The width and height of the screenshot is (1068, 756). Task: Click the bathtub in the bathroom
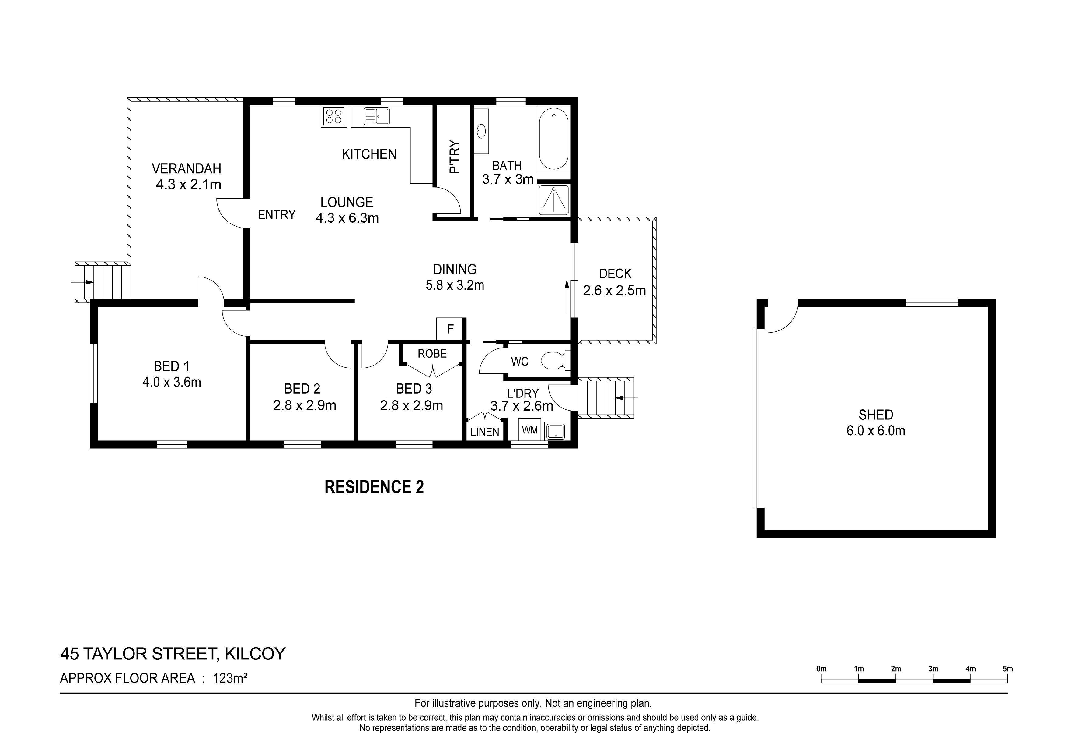coord(553,139)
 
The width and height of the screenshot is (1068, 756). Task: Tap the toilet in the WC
coord(555,361)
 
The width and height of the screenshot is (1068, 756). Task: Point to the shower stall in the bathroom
coord(553,200)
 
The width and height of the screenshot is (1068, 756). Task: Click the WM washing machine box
coord(530,430)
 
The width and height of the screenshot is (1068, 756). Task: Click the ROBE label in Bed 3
coord(432,354)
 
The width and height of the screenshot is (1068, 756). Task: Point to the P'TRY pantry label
coord(455,157)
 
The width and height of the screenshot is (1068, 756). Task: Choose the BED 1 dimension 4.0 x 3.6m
coord(172,383)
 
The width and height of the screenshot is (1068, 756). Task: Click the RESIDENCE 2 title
coord(374,487)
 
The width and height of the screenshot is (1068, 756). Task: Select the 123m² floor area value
coord(230,678)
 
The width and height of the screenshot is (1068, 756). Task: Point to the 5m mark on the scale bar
coord(1007,669)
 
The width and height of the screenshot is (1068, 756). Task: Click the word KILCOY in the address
coord(255,654)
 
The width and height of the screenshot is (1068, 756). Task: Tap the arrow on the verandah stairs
coord(82,282)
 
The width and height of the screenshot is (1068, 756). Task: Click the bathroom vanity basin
coord(481,131)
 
